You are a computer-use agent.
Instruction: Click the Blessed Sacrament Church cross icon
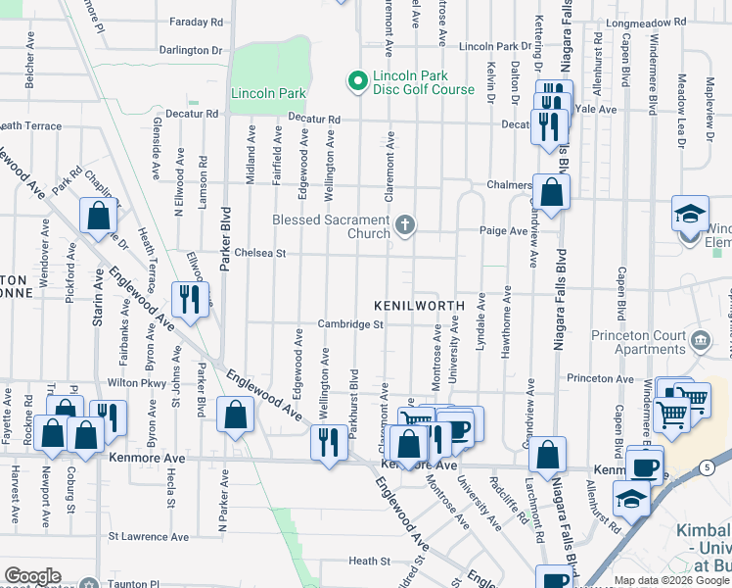tap(404, 226)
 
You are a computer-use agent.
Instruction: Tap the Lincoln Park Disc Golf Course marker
tap(355, 77)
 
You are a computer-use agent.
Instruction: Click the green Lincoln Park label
tap(268, 94)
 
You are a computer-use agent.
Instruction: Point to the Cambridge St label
tap(348, 324)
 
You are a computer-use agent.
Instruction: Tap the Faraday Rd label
tap(196, 21)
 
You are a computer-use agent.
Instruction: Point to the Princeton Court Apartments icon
tap(701, 340)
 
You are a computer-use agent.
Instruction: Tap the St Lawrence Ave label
tap(148, 537)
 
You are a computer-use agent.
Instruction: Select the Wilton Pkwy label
tap(133, 383)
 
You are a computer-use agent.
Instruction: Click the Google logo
tap(32, 576)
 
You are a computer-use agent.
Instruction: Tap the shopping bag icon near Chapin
tap(99, 217)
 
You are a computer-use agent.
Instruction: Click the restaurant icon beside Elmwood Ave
tap(190, 298)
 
